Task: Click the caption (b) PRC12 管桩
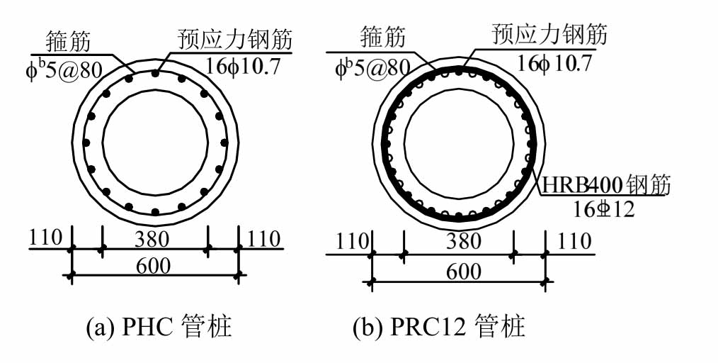[439, 328]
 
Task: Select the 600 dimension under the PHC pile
[154, 265]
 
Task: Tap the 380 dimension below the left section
[154, 240]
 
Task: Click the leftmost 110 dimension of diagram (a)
[46, 239]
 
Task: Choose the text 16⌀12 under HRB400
[604, 208]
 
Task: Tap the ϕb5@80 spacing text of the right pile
[373, 66]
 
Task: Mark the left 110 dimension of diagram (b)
[350, 242]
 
